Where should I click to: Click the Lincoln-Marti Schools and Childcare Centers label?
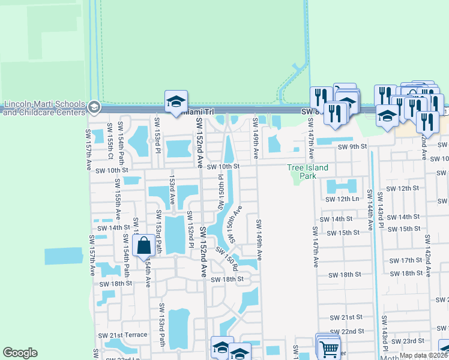point(43,107)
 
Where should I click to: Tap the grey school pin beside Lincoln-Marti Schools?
point(94,107)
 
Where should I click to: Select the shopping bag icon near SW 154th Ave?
point(144,245)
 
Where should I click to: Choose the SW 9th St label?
point(352,146)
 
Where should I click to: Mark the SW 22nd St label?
point(351,331)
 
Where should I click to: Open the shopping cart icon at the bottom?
point(329,348)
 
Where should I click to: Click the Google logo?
point(20,353)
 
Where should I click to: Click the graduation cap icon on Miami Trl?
point(176,101)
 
